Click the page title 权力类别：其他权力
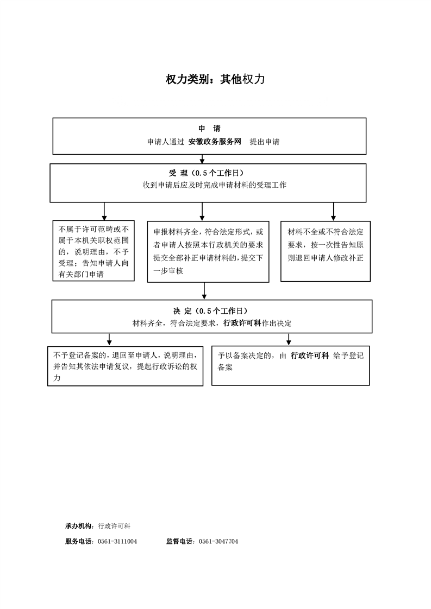(215, 79)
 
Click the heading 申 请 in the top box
(209, 129)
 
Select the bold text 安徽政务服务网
(215, 142)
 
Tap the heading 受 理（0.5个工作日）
(207, 173)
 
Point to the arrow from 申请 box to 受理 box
(202, 159)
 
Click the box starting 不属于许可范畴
(93, 251)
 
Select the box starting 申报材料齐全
(208, 252)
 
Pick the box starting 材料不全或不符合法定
(326, 251)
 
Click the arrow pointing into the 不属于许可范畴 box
(104, 211)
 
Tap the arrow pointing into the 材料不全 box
(333, 212)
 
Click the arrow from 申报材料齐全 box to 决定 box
(204, 291)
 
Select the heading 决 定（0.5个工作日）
(210, 311)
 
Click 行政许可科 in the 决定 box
(242, 323)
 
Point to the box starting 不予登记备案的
(125, 366)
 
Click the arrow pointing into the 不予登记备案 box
(109, 339)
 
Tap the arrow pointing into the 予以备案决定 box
(289, 339)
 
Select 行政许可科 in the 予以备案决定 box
(310, 356)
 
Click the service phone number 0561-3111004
(117, 541)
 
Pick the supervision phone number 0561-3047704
(218, 541)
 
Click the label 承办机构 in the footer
(79, 526)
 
